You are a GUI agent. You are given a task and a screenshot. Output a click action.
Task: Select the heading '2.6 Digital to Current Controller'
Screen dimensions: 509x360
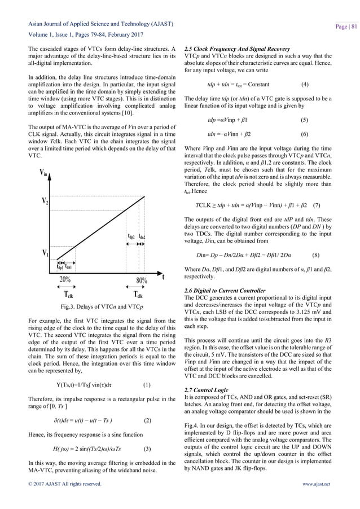(217, 290)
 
